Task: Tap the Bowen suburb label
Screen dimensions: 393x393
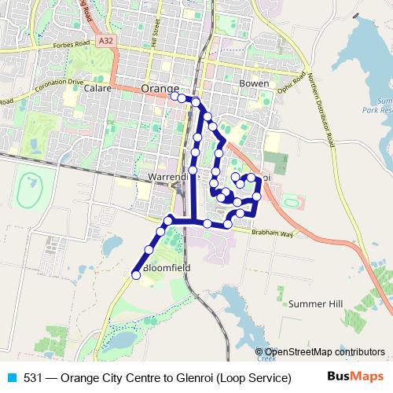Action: [253, 83]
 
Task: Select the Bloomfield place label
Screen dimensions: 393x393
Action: [167, 267]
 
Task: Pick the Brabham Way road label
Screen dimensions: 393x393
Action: [272, 234]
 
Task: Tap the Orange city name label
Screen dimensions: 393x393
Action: [160, 89]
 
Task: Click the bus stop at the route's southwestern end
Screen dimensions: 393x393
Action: [135, 275]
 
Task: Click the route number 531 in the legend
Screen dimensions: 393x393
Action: [32, 377]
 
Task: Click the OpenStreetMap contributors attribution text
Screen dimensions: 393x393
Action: [324, 352]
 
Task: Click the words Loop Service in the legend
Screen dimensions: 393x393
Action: [254, 377]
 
